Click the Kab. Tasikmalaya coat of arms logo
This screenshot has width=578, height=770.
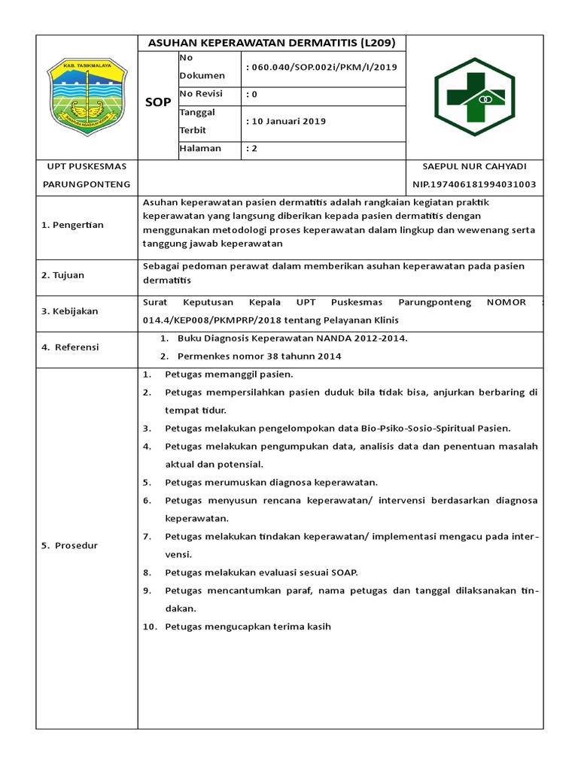click(87, 95)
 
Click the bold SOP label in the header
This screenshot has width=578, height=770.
click(157, 102)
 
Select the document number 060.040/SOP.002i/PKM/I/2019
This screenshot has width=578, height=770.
click(321, 67)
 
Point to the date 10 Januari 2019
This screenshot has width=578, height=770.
click(286, 121)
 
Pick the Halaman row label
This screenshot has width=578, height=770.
click(200, 148)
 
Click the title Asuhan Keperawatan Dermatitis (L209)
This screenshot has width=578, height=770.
click(272, 43)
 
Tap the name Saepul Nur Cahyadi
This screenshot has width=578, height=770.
click(475, 166)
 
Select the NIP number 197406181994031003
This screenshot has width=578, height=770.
click(474, 184)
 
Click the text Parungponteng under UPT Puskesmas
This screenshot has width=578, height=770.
click(87, 184)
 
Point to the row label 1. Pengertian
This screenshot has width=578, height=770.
click(72, 225)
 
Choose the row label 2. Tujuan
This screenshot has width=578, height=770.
click(63, 275)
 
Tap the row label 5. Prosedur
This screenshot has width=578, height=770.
click(69, 545)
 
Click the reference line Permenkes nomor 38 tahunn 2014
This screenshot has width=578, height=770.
click(259, 356)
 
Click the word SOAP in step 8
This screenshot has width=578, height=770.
click(342, 572)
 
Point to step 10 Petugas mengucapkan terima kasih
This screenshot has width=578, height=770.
click(248, 626)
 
